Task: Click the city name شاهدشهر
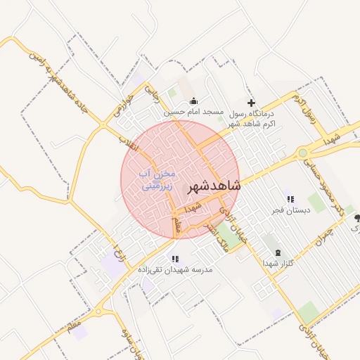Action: point(214,186)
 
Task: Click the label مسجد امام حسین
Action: point(193,112)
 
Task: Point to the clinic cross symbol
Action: point(250,103)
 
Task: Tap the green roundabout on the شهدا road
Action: point(303,152)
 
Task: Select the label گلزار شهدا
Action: point(278,262)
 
